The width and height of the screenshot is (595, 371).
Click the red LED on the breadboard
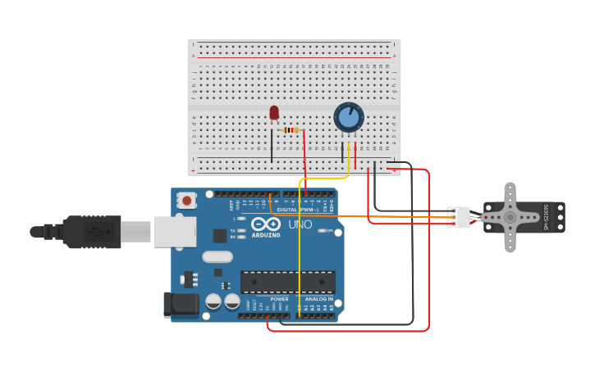(x=274, y=113)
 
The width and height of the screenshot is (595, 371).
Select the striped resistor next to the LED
(x=291, y=129)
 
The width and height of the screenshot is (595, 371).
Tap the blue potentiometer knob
(x=349, y=117)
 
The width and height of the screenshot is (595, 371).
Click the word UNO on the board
(x=300, y=224)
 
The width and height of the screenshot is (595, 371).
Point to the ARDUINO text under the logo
(x=266, y=235)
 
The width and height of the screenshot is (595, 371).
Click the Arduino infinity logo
(x=266, y=224)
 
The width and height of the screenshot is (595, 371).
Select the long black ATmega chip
(x=287, y=282)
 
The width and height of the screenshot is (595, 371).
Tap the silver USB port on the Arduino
(x=174, y=232)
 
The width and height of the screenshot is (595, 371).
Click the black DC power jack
(x=180, y=305)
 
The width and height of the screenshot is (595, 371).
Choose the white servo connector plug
(x=459, y=217)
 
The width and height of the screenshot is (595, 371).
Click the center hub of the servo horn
(x=510, y=217)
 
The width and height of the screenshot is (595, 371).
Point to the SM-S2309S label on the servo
(x=547, y=217)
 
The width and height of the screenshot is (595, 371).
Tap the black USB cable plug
(x=90, y=232)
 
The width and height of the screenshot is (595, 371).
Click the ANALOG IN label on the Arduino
(x=319, y=299)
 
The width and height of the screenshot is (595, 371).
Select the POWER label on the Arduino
(x=279, y=299)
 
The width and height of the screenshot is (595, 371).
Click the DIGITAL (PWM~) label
(x=297, y=210)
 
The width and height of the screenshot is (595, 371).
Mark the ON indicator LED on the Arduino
(x=321, y=231)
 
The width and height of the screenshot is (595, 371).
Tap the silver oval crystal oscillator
(x=217, y=256)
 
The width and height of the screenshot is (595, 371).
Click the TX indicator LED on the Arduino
(x=241, y=231)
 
